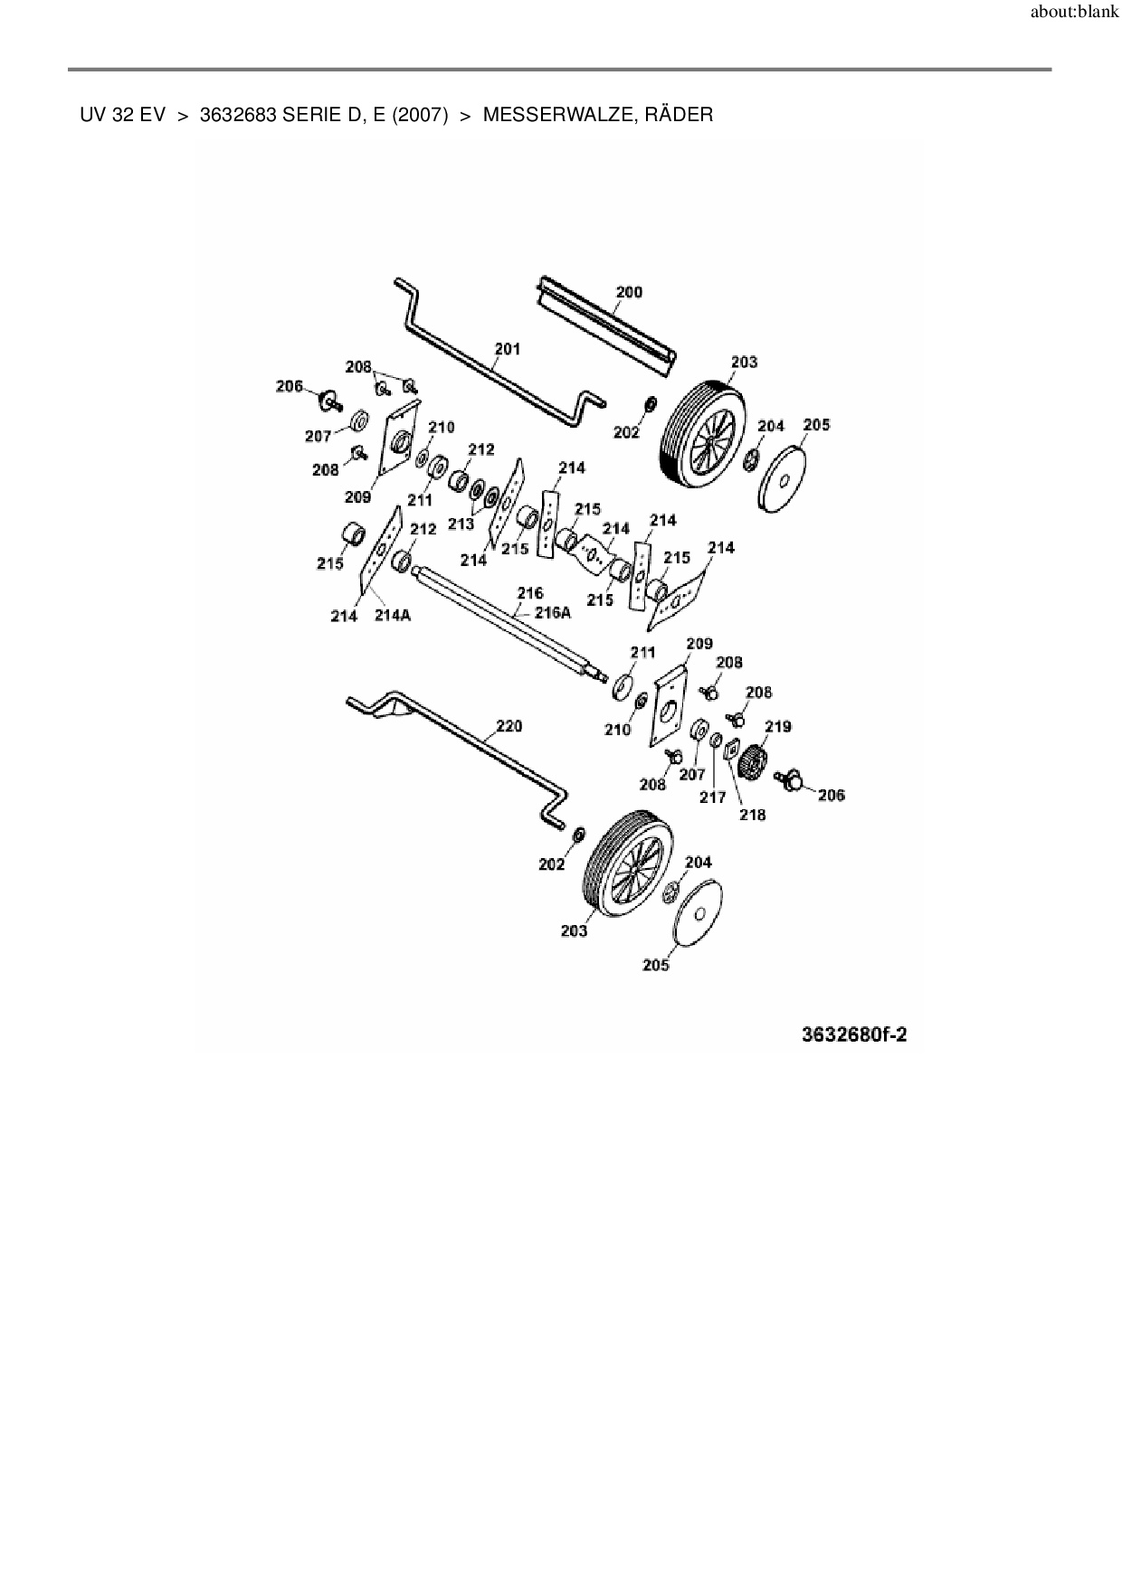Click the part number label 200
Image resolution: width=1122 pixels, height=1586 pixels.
pos(629,292)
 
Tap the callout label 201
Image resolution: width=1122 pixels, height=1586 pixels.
pos(508,349)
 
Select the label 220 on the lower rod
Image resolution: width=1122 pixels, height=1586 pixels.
pos(509,726)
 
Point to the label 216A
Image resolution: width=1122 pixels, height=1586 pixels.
pos(553,612)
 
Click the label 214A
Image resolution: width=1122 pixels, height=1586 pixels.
pos(393,616)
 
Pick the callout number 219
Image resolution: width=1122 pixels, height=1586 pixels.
pos(778,726)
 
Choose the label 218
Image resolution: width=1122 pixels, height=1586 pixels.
pos(752,815)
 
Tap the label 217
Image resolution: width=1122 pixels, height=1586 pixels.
pos(713,798)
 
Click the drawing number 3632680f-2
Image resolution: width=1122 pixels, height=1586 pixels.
pos(854,1034)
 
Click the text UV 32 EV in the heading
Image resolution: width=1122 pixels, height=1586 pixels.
pos(122,115)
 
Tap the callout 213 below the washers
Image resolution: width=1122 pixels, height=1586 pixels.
pos(461,524)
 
